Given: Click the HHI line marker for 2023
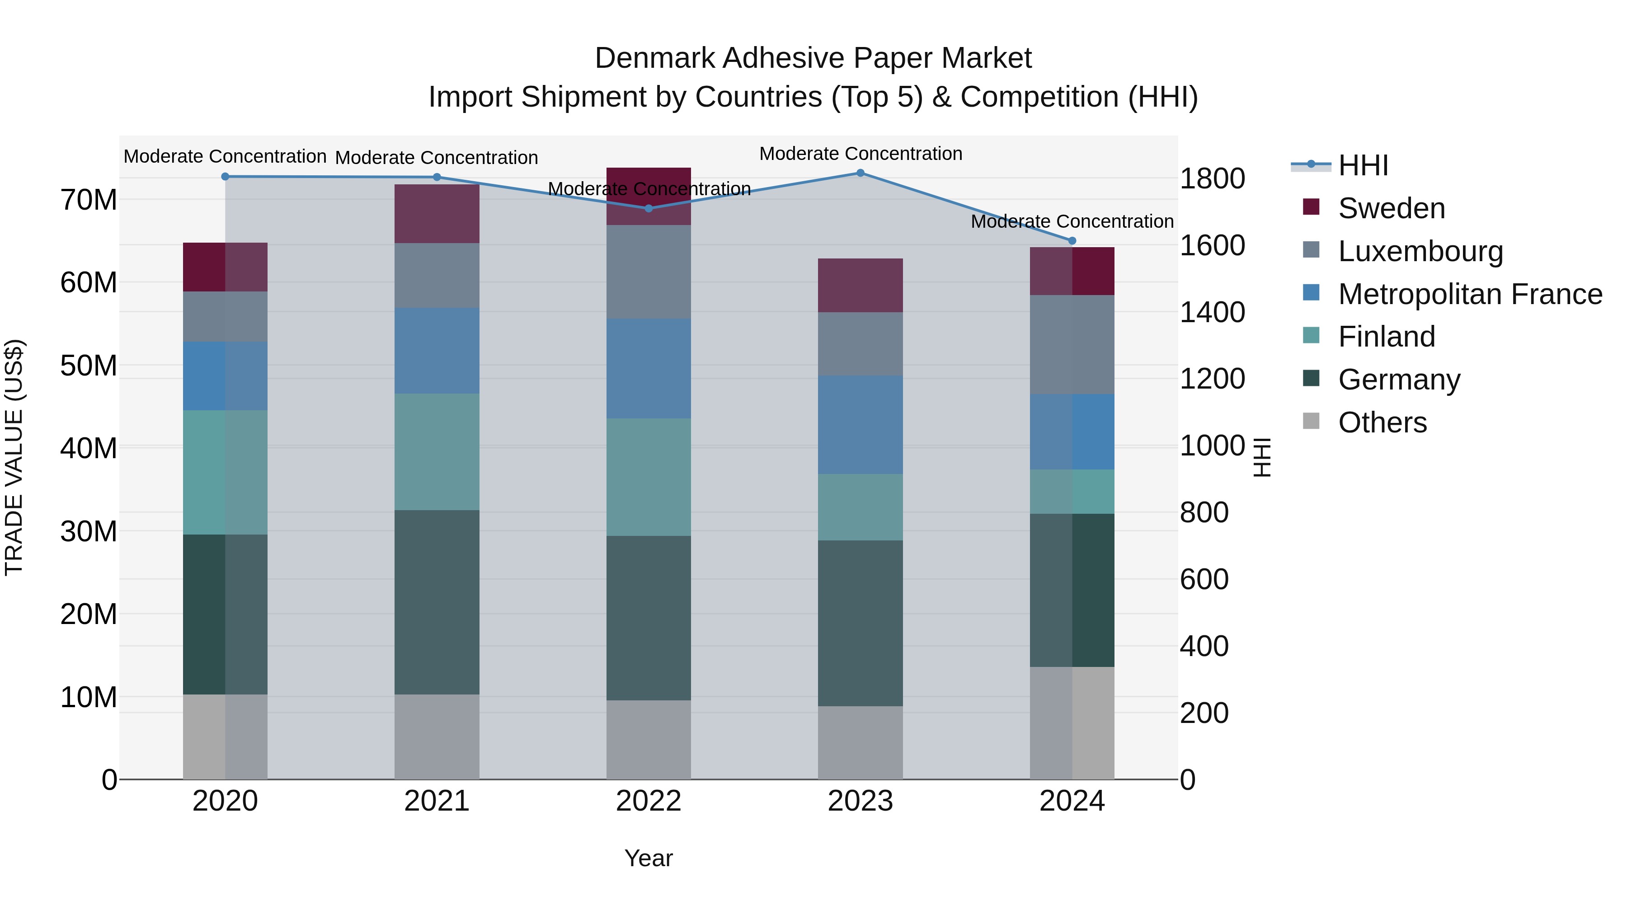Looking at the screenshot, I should [x=860, y=173].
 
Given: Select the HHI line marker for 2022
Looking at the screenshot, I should [x=649, y=208].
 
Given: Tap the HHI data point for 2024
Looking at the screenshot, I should [x=1072, y=240].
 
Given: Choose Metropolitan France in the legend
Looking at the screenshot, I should [x=1470, y=294].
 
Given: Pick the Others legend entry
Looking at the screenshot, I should [x=1382, y=422].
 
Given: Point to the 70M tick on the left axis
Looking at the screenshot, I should [x=89, y=200].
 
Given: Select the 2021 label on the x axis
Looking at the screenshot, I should [x=437, y=801].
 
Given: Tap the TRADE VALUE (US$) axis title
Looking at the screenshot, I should [x=14, y=457].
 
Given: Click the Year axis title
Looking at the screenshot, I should [x=649, y=858].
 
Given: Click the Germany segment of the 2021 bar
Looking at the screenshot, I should [x=437, y=602].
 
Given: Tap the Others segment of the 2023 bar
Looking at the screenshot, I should [x=860, y=742].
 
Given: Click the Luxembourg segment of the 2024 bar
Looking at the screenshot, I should [x=1072, y=344].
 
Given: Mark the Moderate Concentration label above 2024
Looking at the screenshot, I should [x=1072, y=222].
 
